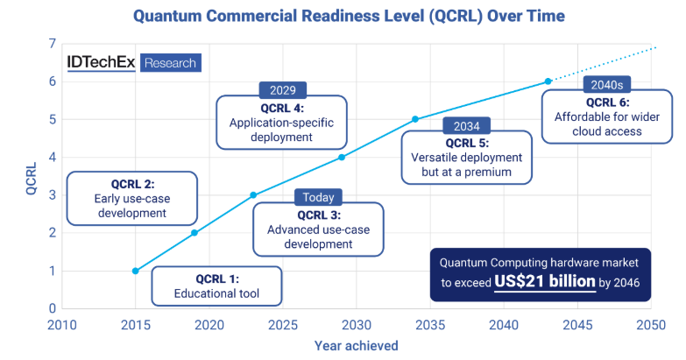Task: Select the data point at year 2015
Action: tap(135, 271)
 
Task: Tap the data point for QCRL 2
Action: tap(194, 233)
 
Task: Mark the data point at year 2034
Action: tap(415, 119)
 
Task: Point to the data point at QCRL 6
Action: tap(548, 81)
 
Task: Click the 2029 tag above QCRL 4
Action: tap(283, 90)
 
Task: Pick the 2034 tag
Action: tap(466, 126)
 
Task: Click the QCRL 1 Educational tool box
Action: tap(216, 286)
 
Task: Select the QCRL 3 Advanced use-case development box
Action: tap(317, 229)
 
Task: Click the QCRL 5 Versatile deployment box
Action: tap(466, 157)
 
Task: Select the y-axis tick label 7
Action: tap(53, 44)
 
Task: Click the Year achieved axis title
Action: tap(357, 346)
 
